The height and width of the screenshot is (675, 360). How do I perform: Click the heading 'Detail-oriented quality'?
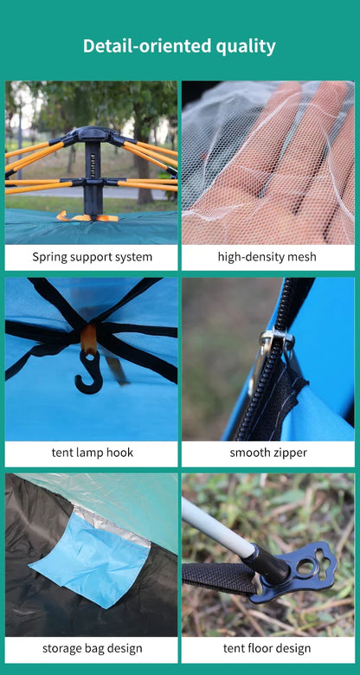pyautogui.click(x=179, y=47)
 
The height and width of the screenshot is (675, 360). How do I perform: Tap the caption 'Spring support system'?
pyautogui.click(x=92, y=257)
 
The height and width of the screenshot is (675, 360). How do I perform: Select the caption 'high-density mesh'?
pyautogui.click(x=267, y=257)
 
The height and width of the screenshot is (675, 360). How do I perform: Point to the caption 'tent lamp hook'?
pyautogui.click(x=92, y=453)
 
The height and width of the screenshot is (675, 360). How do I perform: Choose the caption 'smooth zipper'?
pyautogui.click(x=267, y=453)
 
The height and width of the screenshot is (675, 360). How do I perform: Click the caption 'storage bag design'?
pyautogui.click(x=92, y=648)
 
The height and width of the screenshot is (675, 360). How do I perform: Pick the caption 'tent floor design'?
pyautogui.click(x=267, y=648)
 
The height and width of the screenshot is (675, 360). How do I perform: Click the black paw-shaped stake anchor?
pyautogui.click(x=303, y=571)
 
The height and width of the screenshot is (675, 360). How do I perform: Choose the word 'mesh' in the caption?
pyautogui.click(x=301, y=257)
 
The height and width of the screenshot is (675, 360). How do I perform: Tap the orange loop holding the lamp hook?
pyautogui.click(x=87, y=339)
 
